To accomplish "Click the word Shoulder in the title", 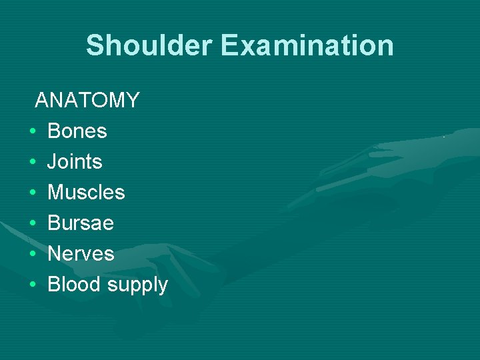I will (150, 45).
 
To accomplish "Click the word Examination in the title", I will (307, 45).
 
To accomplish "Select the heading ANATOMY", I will (87, 100).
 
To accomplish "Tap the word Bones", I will (77, 131).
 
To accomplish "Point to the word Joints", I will (75, 161).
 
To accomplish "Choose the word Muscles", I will (86, 192).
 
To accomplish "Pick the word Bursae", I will (81, 223).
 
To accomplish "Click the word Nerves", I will (81, 253).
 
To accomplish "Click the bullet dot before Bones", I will (32, 131).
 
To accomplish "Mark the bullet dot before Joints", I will (32, 162).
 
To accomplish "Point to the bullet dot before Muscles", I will (32, 193).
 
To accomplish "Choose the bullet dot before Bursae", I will (32, 223).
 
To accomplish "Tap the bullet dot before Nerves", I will (32, 254).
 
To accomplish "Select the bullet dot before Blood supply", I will (32, 285).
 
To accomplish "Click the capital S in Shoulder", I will (95, 45).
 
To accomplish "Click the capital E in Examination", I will (230, 45).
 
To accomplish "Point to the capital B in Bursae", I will (54, 223).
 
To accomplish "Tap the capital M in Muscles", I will (56, 192).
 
